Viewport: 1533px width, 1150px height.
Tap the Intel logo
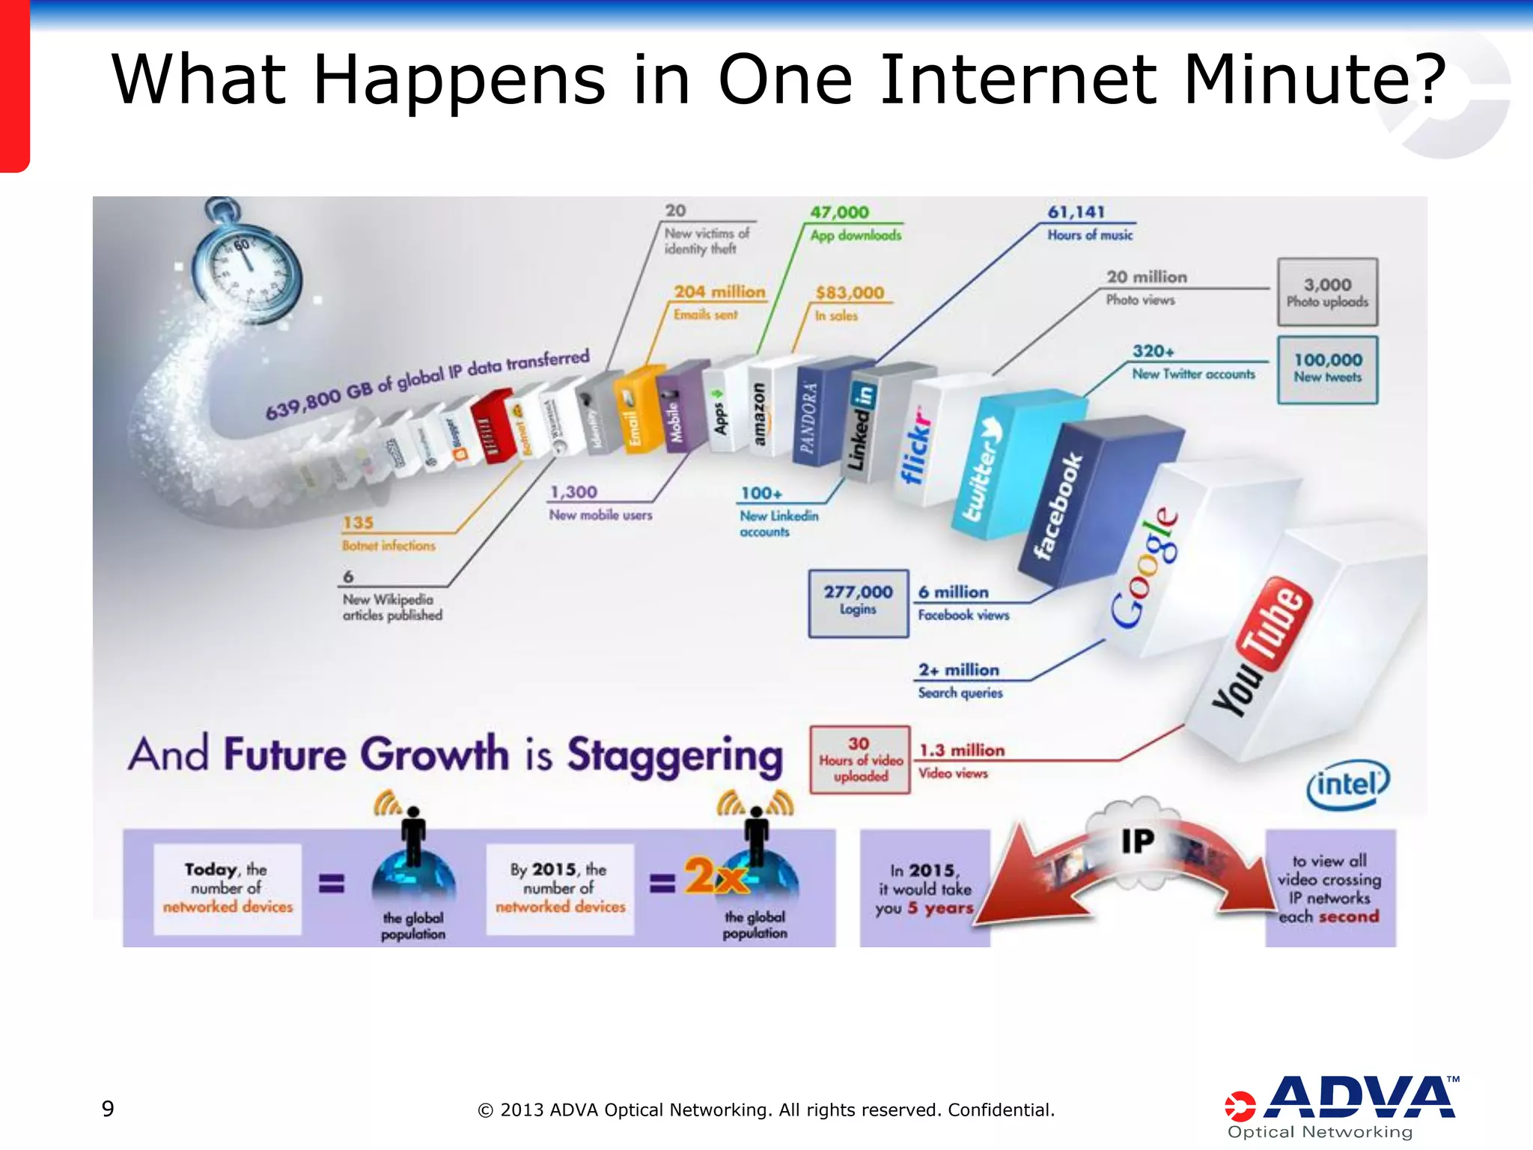click(x=1347, y=785)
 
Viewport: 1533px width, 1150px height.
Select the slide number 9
click(x=108, y=1109)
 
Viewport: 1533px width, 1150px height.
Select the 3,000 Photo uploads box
click(x=1327, y=292)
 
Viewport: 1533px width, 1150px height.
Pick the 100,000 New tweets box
click(x=1327, y=369)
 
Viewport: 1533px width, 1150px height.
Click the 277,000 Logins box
click(x=858, y=603)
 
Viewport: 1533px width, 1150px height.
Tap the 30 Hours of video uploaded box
click(x=860, y=759)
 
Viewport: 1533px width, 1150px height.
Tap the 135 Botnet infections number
click(x=358, y=523)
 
